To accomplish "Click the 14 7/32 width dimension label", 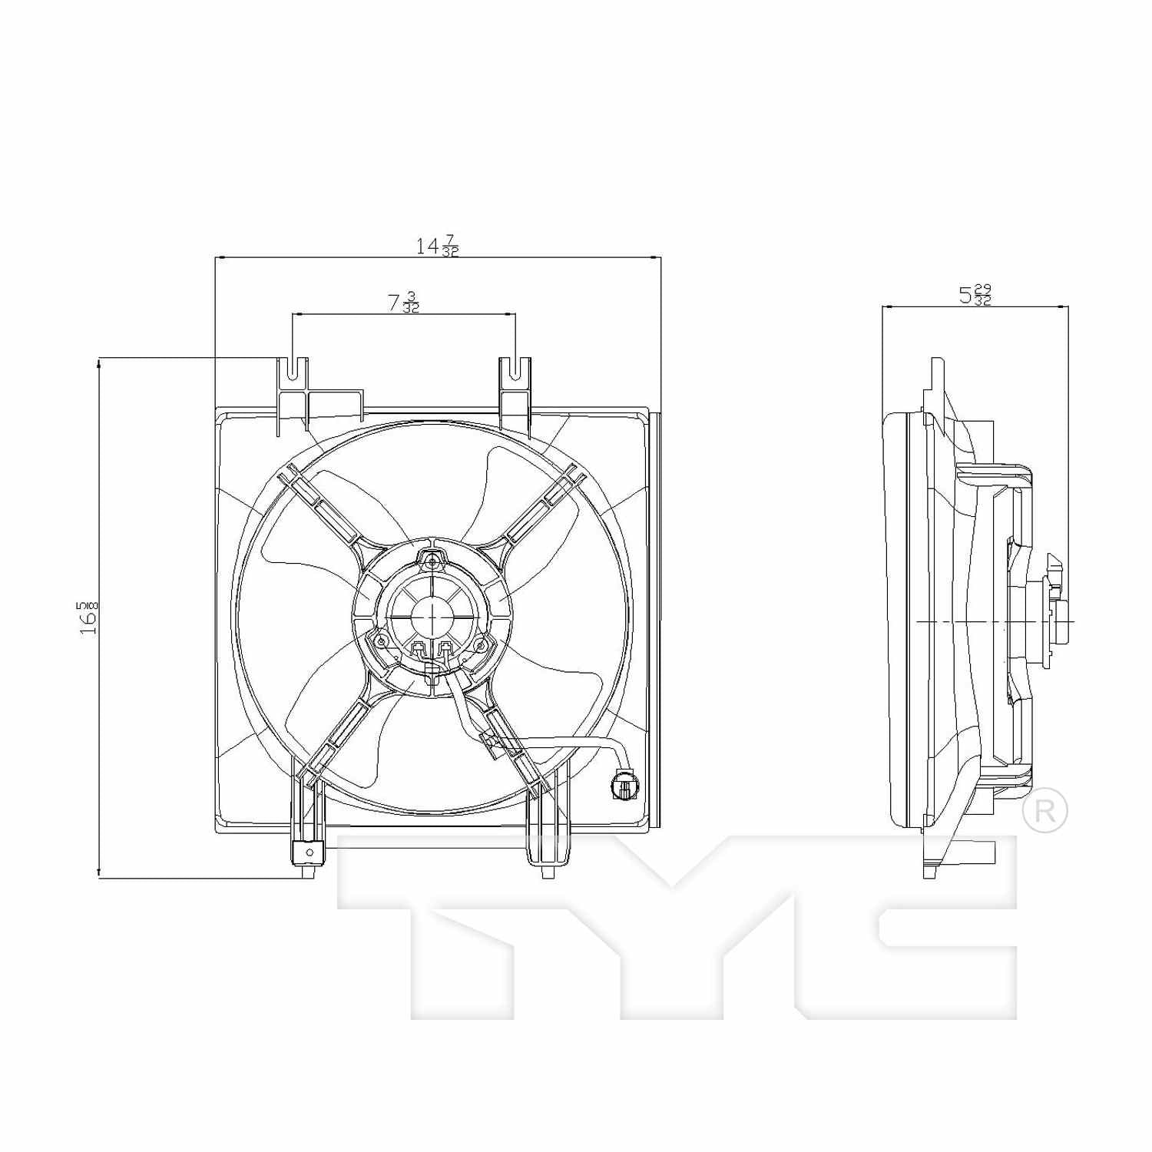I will point(437,246).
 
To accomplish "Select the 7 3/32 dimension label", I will point(403,303).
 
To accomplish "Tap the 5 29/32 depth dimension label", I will point(975,295).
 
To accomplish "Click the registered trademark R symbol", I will point(1044,811).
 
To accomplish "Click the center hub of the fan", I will point(432,616).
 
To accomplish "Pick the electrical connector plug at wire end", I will point(624,785).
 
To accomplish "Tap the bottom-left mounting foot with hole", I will point(309,852).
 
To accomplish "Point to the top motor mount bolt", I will point(432,562).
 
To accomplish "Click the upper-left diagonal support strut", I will point(320,507).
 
